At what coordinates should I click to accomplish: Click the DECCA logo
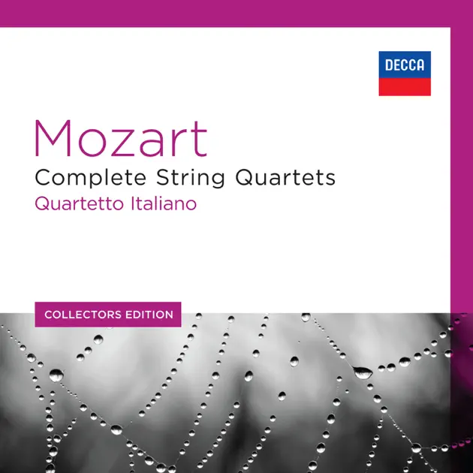404,74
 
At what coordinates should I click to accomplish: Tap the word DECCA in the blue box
404,65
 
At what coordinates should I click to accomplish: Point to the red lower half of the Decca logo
404,86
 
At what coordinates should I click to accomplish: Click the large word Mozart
120,140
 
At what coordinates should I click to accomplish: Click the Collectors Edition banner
108,314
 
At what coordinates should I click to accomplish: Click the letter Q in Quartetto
42,204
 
